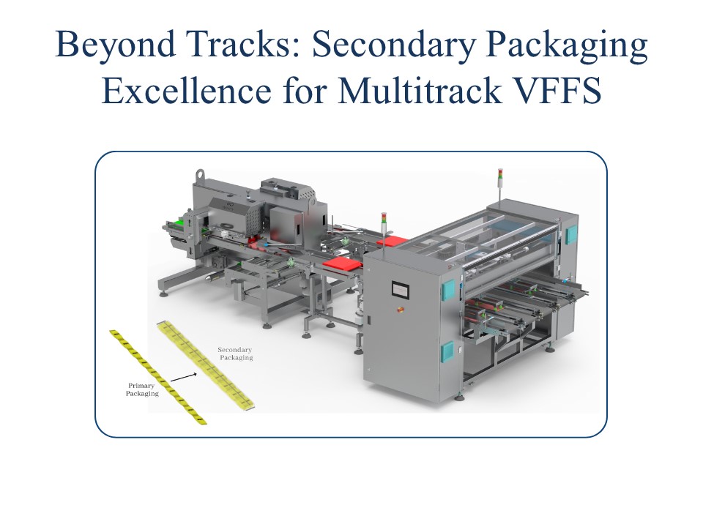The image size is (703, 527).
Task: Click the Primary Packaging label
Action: (x=142, y=389)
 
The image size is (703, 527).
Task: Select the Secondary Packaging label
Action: (x=236, y=354)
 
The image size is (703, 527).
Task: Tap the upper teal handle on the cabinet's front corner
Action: (x=445, y=289)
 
